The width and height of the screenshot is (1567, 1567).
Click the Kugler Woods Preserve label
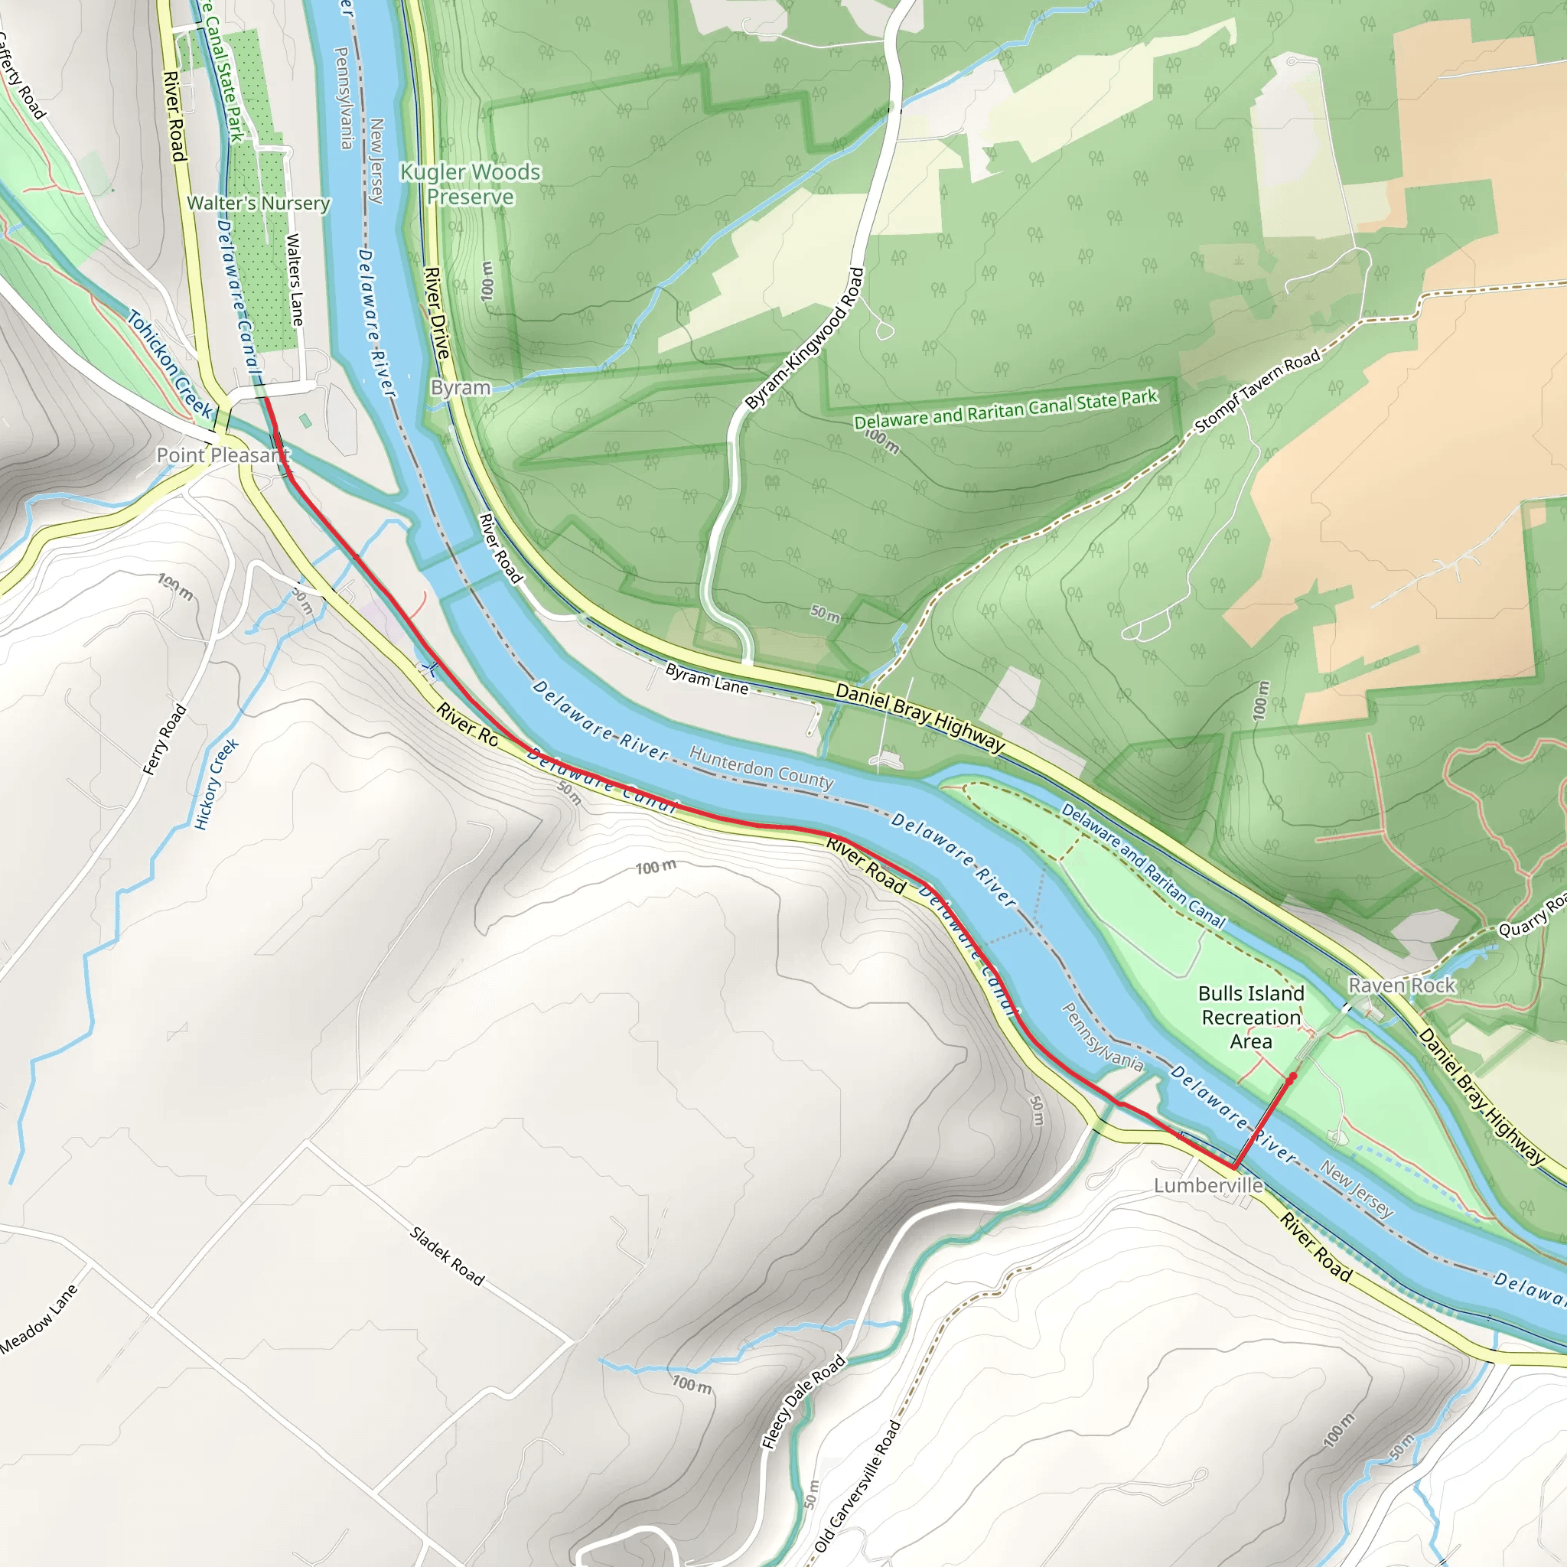pos(471,184)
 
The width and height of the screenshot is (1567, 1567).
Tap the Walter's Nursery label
pos(258,203)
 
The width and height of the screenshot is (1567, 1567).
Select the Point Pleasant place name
pos(222,455)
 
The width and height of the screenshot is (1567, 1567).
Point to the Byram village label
pos(460,388)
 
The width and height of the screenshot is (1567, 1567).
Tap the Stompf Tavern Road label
pos(1257,391)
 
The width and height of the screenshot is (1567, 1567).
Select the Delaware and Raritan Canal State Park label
pos(1005,409)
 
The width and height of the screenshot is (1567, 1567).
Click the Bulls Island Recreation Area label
pos(1251,1017)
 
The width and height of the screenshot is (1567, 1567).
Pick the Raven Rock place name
pos(1402,985)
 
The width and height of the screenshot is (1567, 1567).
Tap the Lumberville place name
pos(1207,1186)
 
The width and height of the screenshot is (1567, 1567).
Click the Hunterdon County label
pos(761,767)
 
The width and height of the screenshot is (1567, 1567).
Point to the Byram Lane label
pos(706,679)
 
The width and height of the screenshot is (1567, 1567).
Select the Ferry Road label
pos(165,740)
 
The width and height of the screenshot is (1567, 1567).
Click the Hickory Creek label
pos(217,784)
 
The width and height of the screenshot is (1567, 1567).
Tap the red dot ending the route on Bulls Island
pos(1292,1077)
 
